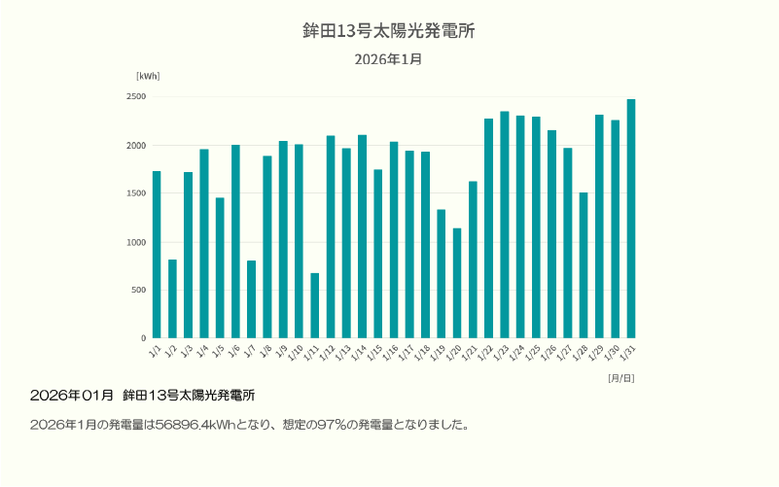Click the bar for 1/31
pyautogui.click(x=631, y=219)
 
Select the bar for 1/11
pyautogui.click(x=315, y=305)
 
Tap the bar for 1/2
pyautogui.click(x=172, y=298)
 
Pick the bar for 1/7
pyautogui.click(x=251, y=299)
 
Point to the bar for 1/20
pyautogui.click(x=457, y=283)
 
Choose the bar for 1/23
pyautogui.click(x=505, y=225)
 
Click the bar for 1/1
pyautogui.click(x=157, y=255)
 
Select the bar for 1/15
pyautogui.click(x=378, y=254)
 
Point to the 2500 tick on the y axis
pyautogui.click(x=135, y=97)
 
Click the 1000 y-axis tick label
pyautogui.click(x=135, y=242)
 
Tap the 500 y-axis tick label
pyautogui.click(x=138, y=291)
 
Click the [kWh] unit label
pyautogui.click(x=148, y=76)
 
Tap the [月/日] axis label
pyautogui.click(x=620, y=377)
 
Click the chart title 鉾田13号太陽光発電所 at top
pyautogui.click(x=389, y=31)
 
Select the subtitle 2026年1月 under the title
pyautogui.click(x=388, y=59)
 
